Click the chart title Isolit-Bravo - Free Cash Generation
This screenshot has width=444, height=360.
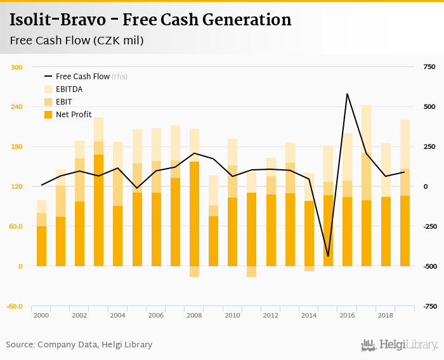click(150, 20)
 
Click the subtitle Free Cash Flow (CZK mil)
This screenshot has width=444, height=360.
click(76, 41)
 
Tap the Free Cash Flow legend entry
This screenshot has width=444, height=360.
click(82, 76)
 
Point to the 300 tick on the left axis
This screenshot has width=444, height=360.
click(17, 67)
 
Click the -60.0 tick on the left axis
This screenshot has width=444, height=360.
click(15, 306)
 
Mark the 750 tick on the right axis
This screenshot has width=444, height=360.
click(429, 67)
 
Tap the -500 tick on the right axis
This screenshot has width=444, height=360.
click(429, 266)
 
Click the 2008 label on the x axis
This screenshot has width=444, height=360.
click(194, 315)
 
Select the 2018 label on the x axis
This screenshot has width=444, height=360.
click(385, 315)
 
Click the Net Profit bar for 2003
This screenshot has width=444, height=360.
click(99, 209)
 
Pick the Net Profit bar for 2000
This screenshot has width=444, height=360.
click(42, 247)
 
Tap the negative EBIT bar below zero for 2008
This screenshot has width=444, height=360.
click(194, 271)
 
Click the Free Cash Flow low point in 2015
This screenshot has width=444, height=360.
click(328, 256)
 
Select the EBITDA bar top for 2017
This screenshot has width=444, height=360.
click(366, 106)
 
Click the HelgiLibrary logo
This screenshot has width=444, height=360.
click(399, 345)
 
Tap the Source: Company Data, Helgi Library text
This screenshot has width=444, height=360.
click(79, 345)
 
